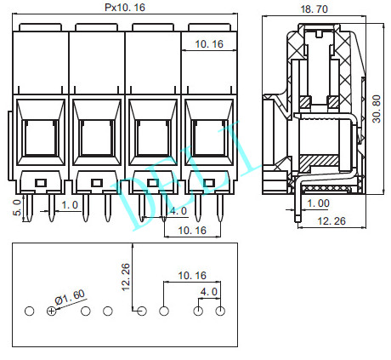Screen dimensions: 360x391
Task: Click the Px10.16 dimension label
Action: pos(124,7)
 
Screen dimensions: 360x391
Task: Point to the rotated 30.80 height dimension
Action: pos(377,109)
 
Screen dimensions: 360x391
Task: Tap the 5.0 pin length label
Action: pos(17,208)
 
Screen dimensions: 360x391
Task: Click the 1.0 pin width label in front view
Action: pos(70,205)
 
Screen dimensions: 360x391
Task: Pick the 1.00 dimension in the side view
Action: pos(320,203)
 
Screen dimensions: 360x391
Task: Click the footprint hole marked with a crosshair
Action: pos(52,311)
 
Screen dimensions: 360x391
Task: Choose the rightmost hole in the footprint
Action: pos(220,311)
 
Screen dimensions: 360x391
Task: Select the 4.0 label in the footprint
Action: pos(209,292)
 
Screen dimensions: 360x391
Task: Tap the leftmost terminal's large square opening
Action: pos(38,136)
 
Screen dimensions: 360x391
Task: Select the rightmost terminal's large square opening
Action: pos(207,136)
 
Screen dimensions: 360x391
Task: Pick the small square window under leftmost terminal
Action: pos(40,182)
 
